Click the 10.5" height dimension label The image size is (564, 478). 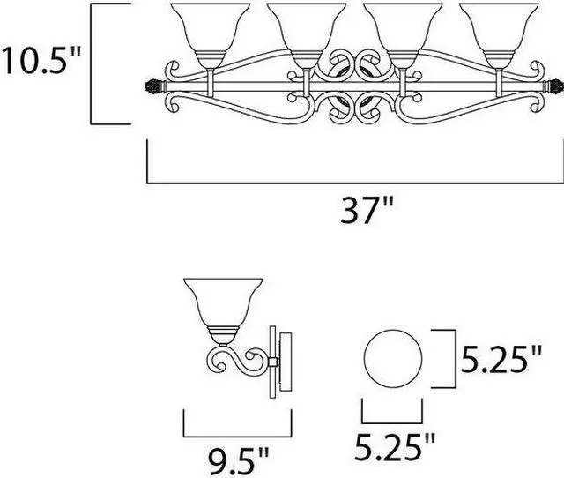(41, 61)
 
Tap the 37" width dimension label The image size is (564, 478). (367, 210)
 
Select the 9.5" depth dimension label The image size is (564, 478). (239, 461)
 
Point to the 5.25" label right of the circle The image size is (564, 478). (501, 359)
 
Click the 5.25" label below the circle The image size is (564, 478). (396, 447)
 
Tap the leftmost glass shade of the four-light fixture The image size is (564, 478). (211, 36)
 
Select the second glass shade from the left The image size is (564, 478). (307, 36)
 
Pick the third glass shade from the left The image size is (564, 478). (403, 36)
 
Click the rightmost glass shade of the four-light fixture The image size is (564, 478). (500, 36)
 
